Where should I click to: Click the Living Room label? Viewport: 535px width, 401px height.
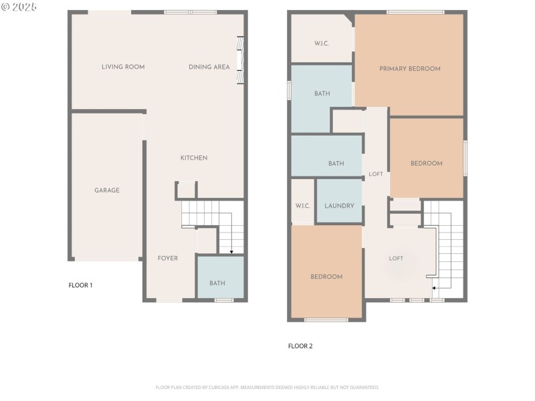[x=123, y=67]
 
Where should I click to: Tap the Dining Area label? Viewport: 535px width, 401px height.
[x=209, y=67]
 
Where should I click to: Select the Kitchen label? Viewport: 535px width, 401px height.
[x=194, y=158]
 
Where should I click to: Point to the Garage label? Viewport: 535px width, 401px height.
[x=107, y=190]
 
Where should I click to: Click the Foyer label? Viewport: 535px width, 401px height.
[x=167, y=258]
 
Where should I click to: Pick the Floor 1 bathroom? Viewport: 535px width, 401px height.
[x=217, y=283]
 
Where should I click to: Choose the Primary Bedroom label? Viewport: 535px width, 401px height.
[x=409, y=69]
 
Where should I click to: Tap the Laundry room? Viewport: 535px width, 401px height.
[x=339, y=206]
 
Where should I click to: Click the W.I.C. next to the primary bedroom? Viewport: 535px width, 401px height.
[x=322, y=44]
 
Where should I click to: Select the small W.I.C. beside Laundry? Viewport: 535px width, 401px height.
[x=302, y=206]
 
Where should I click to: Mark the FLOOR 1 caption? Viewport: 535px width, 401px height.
[x=80, y=285]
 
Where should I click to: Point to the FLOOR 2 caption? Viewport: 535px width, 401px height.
[x=300, y=346]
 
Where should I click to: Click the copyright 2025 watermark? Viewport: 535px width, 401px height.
[x=20, y=7]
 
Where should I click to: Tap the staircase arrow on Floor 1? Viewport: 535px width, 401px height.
[x=231, y=251]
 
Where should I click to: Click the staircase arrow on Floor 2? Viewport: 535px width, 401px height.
[x=433, y=287]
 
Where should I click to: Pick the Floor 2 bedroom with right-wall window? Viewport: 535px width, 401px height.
[x=426, y=163]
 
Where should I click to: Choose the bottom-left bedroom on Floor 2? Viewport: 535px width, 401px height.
[x=326, y=277]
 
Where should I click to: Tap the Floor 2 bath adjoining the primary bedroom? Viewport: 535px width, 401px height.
[x=322, y=94]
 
